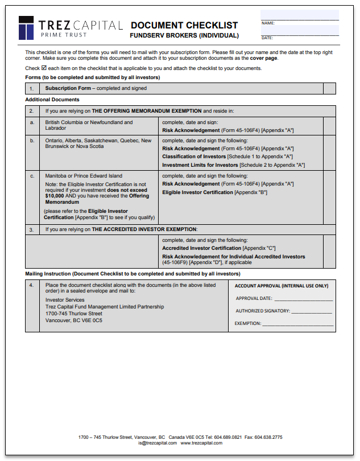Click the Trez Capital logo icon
tap(27, 27)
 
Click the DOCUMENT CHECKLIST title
tap(184, 25)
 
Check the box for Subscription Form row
tap(329, 88)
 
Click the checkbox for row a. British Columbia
tap(329, 126)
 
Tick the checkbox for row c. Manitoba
tap(329, 197)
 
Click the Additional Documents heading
tap(52, 100)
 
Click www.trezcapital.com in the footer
tap(201, 443)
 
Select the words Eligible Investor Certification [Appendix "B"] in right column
tap(214, 192)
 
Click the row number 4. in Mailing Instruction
tap(32, 285)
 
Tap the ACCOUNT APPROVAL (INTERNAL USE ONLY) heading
tap(282, 286)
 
